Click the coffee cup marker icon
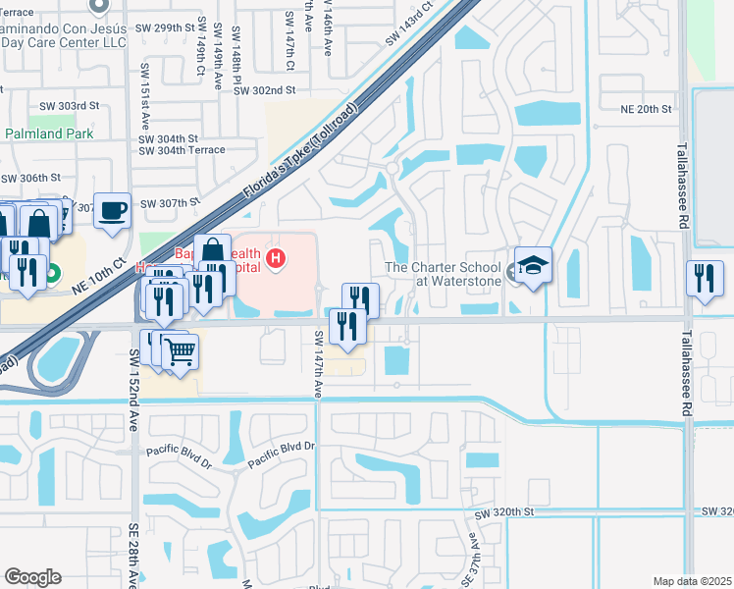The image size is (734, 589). point(114,209)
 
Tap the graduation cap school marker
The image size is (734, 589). point(534,265)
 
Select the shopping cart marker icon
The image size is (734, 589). point(180,350)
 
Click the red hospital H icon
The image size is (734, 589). point(277,259)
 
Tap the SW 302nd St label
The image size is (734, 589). point(265,89)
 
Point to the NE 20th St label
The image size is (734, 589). point(647,109)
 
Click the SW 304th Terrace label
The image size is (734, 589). point(182,150)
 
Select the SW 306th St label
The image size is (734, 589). point(31,178)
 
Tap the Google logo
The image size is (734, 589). point(32,577)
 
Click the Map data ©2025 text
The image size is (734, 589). point(691,581)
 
